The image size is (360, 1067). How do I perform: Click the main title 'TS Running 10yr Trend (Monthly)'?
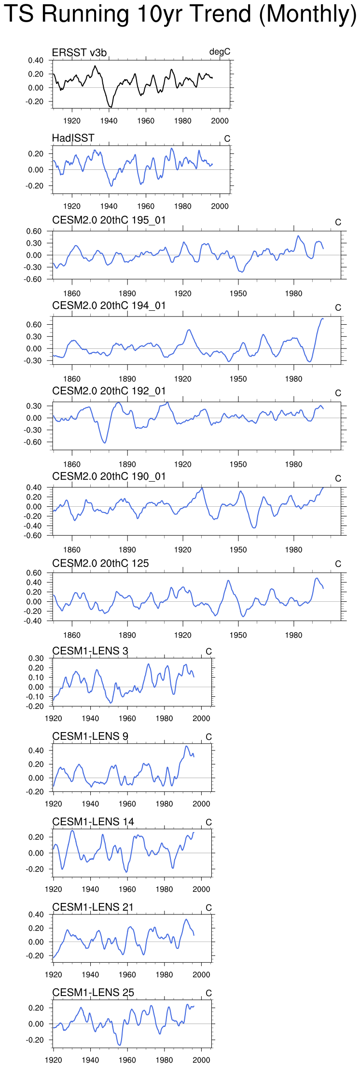tap(180, 14)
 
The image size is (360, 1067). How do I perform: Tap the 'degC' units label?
tap(220, 52)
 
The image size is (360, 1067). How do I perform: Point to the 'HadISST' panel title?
tap(73, 138)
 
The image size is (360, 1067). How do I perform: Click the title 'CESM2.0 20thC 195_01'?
tap(109, 220)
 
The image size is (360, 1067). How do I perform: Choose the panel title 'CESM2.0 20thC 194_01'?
tap(109, 305)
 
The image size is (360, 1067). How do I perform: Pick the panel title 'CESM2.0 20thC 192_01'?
tap(109, 391)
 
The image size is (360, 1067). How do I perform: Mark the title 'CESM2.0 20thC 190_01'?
tap(109, 476)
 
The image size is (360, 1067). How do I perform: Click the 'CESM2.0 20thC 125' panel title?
tap(100, 563)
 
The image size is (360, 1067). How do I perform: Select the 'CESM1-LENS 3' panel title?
tap(90, 651)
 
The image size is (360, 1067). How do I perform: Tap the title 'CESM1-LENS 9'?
tap(90, 736)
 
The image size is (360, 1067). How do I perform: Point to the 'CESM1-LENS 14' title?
tap(93, 822)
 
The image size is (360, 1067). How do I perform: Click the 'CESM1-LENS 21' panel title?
tap(93, 907)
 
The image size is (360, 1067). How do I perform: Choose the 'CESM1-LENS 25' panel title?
tap(93, 993)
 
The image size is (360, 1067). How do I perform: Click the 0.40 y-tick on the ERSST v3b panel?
tap(36, 60)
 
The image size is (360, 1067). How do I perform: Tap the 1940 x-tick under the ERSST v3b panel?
tap(109, 121)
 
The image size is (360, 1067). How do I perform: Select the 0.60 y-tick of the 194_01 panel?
tap(34, 325)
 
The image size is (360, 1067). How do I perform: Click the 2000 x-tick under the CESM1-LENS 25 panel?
tap(201, 1060)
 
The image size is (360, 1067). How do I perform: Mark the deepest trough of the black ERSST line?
tap(111, 107)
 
